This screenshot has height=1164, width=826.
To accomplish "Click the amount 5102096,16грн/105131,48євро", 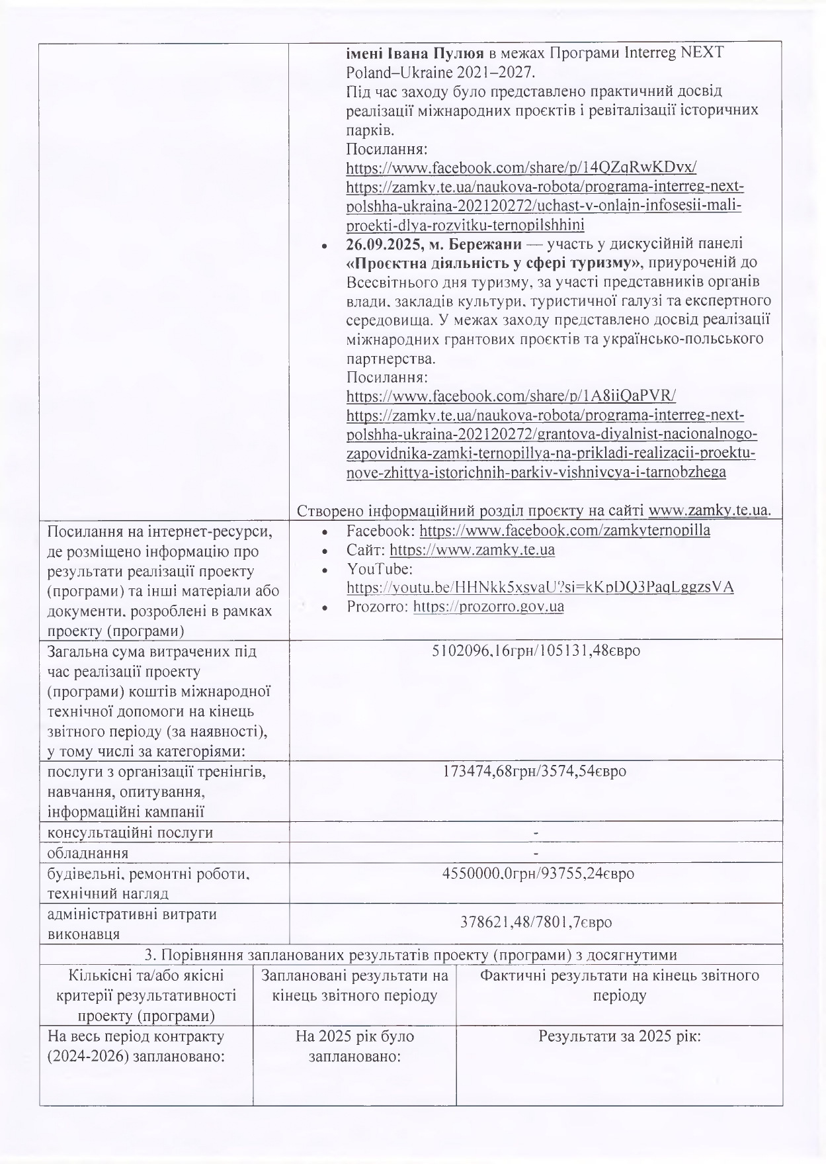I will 536,651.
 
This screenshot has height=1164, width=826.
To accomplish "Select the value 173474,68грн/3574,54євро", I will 536,772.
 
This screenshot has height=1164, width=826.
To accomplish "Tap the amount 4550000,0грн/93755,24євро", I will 538,873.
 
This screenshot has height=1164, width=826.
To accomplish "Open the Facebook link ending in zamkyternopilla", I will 565,531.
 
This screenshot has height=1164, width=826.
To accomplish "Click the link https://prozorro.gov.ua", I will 488,606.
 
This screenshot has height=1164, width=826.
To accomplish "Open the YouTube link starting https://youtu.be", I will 540,587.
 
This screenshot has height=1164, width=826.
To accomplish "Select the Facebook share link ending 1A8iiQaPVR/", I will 511,396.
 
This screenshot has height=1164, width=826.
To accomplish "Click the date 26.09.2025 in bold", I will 378,244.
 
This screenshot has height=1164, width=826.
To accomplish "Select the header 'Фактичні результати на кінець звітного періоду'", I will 619,985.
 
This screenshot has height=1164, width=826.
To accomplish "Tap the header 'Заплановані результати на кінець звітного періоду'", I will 354,985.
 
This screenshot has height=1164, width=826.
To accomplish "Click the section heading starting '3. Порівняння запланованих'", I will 411,955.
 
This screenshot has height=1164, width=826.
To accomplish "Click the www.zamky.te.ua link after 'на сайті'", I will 710,510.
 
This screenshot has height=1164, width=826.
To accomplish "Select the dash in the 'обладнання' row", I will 536,852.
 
